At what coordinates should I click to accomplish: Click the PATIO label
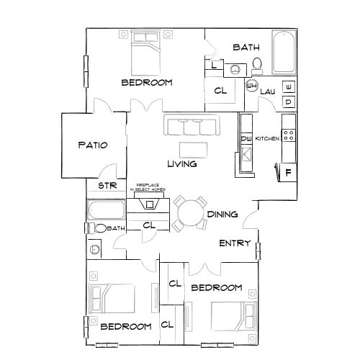pos(93,145)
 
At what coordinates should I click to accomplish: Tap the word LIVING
pos(182,164)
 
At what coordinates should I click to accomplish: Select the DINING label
pos(223,215)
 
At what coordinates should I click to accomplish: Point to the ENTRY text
pos(235,243)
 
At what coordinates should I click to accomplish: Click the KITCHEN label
pos(267,138)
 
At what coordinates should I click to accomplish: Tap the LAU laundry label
pos(267,91)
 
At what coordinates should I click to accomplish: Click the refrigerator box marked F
pos(288,173)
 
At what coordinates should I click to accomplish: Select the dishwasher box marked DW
pos(246,139)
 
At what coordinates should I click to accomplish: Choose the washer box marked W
pos(288,87)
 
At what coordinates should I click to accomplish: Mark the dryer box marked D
pos(288,102)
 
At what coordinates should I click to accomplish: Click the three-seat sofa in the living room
pos(192,126)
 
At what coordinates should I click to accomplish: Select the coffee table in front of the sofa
pos(193,149)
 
